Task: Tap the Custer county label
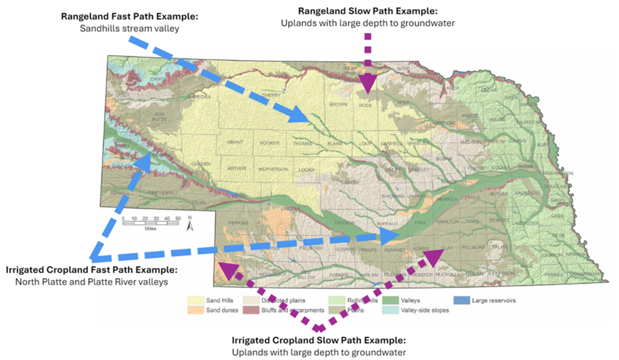tap(349, 183)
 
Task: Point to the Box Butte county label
tap(160, 117)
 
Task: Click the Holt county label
tap(403, 103)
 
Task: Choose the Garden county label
tap(200, 164)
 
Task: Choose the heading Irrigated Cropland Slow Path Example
tap(319, 340)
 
